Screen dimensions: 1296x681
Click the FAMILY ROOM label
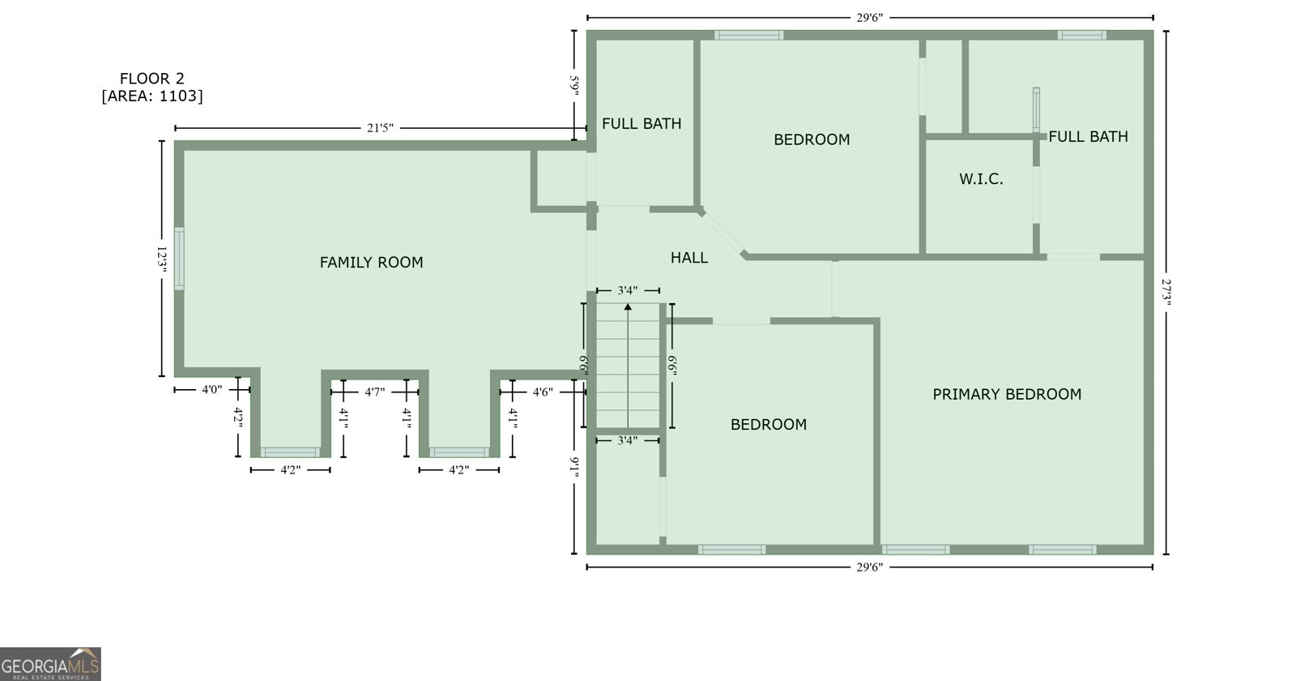(372, 263)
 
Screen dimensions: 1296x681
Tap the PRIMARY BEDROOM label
(1007, 394)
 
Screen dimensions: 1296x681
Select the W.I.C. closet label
(981, 179)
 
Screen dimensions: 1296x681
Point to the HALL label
(689, 258)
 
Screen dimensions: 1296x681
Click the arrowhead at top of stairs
(628, 306)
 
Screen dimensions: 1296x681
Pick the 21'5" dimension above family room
(380, 128)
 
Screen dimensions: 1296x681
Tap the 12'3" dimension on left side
(162, 259)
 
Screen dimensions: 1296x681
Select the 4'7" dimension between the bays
(375, 392)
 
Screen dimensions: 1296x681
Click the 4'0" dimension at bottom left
(211, 390)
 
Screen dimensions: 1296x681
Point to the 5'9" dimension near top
(574, 85)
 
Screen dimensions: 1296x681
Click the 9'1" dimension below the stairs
(574, 467)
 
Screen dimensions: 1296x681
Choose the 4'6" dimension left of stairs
(543, 392)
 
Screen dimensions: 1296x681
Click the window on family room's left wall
(179, 259)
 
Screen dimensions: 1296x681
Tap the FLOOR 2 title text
(152, 79)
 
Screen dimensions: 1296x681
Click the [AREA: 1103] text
(152, 96)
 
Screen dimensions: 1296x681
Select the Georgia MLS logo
(50, 664)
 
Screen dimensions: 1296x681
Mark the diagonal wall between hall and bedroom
(722, 234)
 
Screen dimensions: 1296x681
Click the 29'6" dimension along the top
(870, 18)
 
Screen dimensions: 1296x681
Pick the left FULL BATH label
(642, 124)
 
